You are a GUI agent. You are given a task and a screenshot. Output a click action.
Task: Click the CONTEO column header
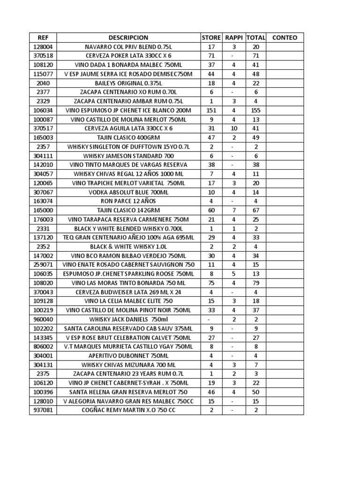point(285,37)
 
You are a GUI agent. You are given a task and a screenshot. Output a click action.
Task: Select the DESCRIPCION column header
point(128,37)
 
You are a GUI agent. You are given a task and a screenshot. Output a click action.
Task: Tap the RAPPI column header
point(234,37)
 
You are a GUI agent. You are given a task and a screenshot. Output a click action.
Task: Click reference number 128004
point(43,47)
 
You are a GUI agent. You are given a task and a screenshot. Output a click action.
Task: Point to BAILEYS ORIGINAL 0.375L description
point(128,83)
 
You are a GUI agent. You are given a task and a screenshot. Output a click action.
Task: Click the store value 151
point(211,110)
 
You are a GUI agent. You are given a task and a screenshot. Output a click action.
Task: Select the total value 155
point(256,110)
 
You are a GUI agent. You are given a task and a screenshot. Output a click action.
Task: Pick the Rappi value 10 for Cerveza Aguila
point(234,128)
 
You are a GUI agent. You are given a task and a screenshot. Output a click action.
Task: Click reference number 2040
point(43,83)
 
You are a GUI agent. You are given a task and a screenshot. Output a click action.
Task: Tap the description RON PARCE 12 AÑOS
point(128,201)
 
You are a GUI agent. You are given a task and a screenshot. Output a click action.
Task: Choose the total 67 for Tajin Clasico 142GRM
point(256,210)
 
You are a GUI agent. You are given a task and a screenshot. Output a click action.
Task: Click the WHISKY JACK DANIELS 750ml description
point(128,319)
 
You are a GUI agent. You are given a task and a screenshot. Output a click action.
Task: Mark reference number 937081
point(43,410)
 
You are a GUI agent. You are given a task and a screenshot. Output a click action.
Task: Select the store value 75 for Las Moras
point(211,283)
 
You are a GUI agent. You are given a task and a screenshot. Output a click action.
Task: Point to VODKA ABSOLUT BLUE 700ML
point(128,192)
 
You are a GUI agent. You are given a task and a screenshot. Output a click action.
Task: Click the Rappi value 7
point(234,210)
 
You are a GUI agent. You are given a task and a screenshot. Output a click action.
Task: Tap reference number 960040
point(43,319)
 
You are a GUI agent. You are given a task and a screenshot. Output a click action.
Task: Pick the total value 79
point(256,283)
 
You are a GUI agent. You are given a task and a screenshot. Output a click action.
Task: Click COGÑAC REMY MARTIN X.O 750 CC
point(128,410)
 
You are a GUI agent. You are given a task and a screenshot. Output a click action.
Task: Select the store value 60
point(211,210)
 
